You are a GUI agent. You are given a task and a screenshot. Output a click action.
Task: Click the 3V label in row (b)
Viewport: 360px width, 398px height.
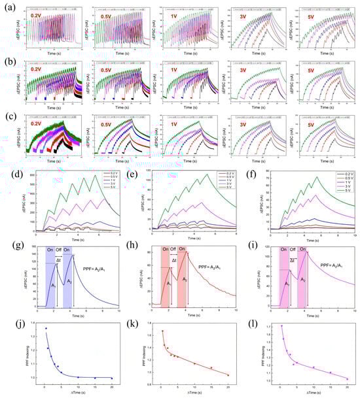248,67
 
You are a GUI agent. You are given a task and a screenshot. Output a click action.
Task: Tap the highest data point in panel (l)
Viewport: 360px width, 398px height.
281,326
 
